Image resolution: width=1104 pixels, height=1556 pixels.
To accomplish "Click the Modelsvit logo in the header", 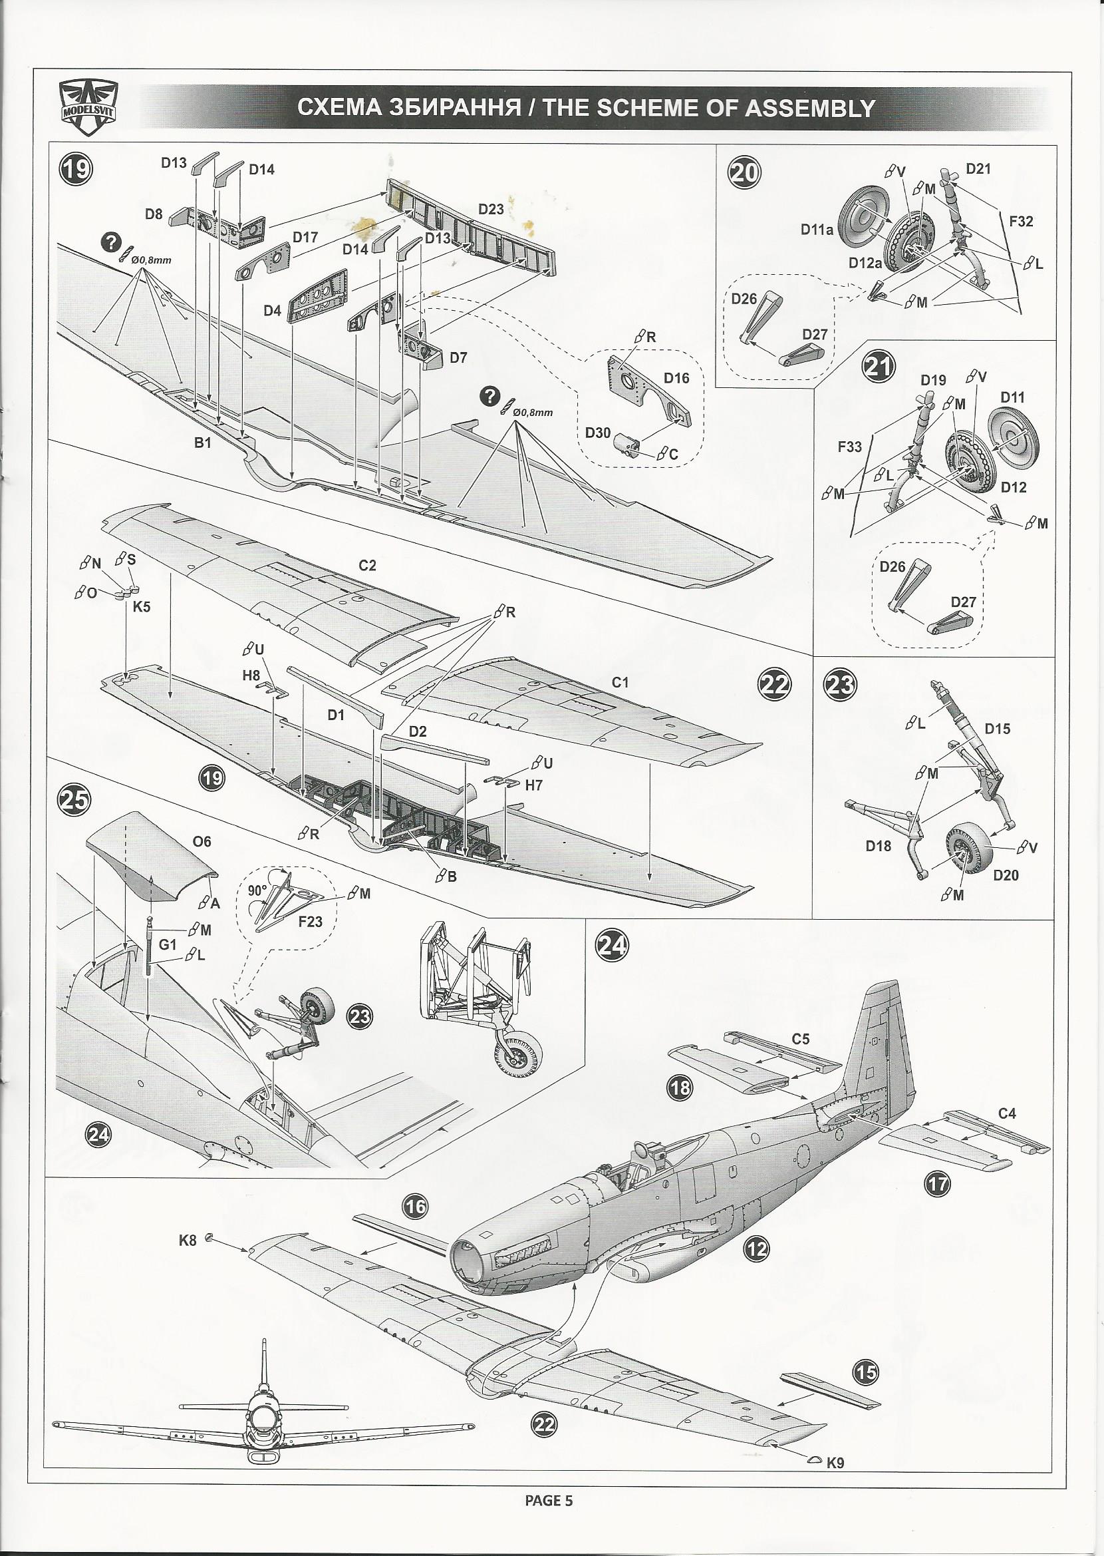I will pos(88,106).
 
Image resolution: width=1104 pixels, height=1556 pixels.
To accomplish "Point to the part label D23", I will pos(491,209).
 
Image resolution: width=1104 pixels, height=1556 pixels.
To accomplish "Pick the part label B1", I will pos(203,443).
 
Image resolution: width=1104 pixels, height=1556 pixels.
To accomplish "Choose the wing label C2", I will pos(367,566).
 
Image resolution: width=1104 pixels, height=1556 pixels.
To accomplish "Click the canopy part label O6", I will pos(202,841).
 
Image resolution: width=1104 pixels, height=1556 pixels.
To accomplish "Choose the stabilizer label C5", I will pos(800,1039).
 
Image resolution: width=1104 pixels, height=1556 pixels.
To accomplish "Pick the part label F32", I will pos(1021,221).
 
